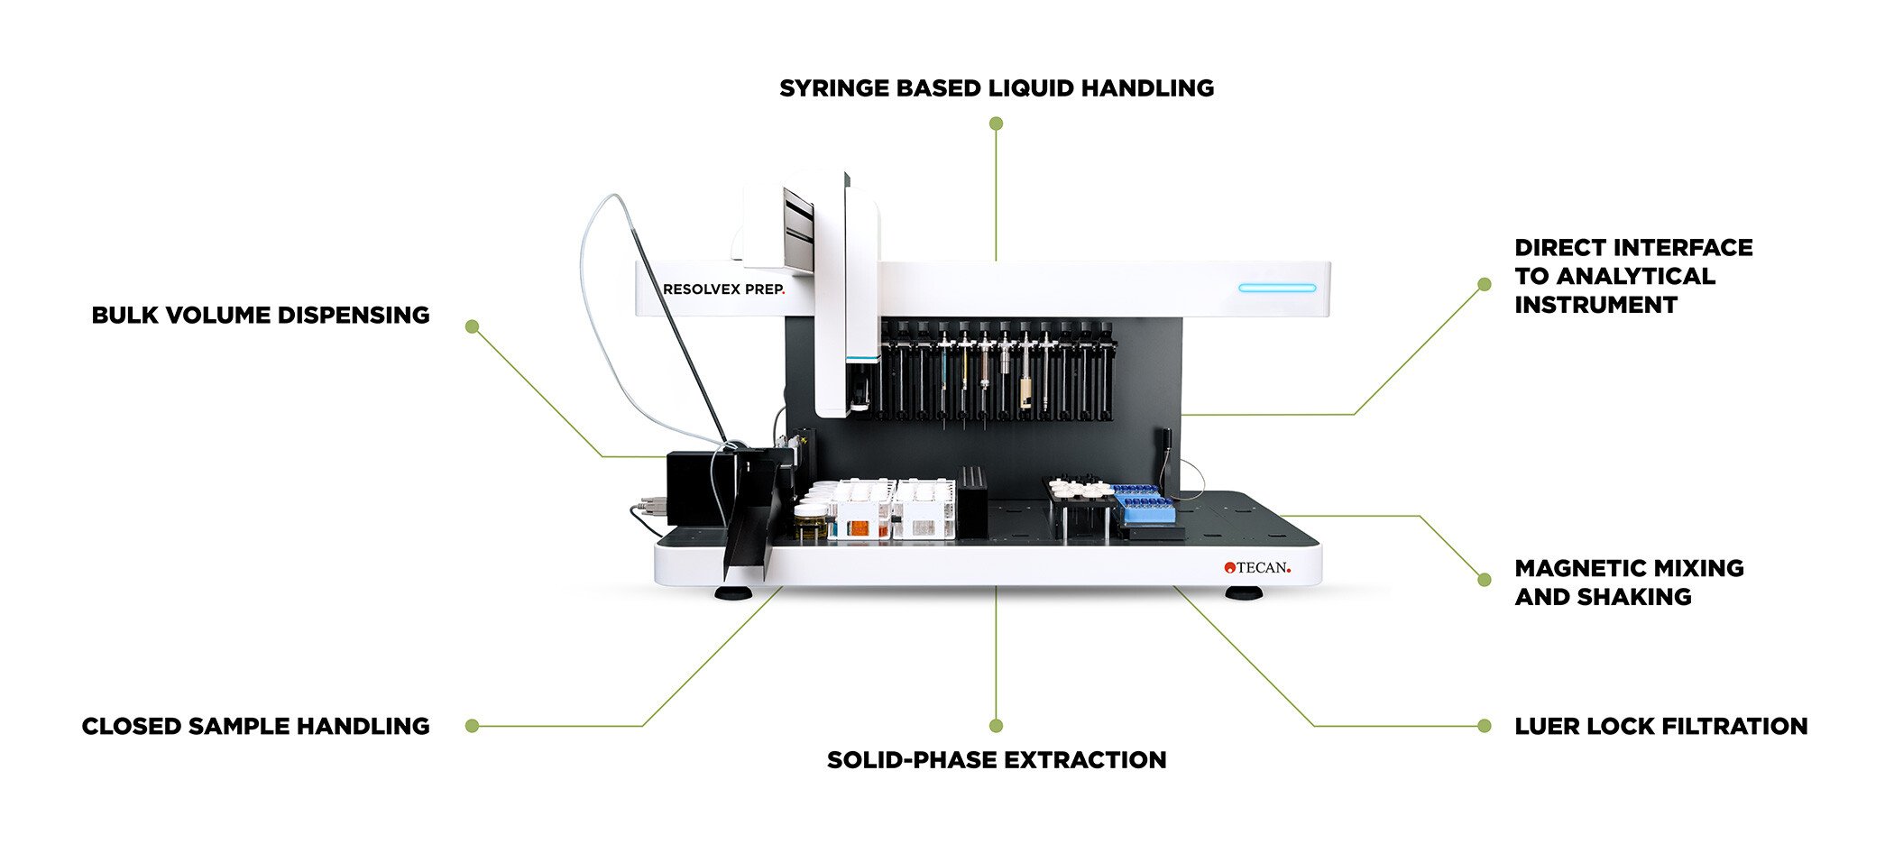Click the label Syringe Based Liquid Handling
(996, 88)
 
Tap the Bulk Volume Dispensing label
(260, 316)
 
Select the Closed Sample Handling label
(255, 727)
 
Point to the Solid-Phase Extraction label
(996, 760)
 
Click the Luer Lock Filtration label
(1660, 727)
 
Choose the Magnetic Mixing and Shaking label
(1628, 583)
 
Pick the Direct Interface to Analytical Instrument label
(1632, 276)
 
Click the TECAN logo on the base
(1257, 567)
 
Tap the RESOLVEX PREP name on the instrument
(723, 289)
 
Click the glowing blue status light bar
(1276, 289)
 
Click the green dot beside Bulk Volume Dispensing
(472, 326)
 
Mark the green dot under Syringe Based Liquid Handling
(996, 124)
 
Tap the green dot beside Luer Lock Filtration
(1485, 726)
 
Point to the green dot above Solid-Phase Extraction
(996, 726)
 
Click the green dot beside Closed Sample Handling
(472, 726)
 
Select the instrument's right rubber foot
(1243, 593)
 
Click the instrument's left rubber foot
(734, 593)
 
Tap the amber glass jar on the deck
(810, 522)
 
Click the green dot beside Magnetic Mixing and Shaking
(1485, 580)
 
